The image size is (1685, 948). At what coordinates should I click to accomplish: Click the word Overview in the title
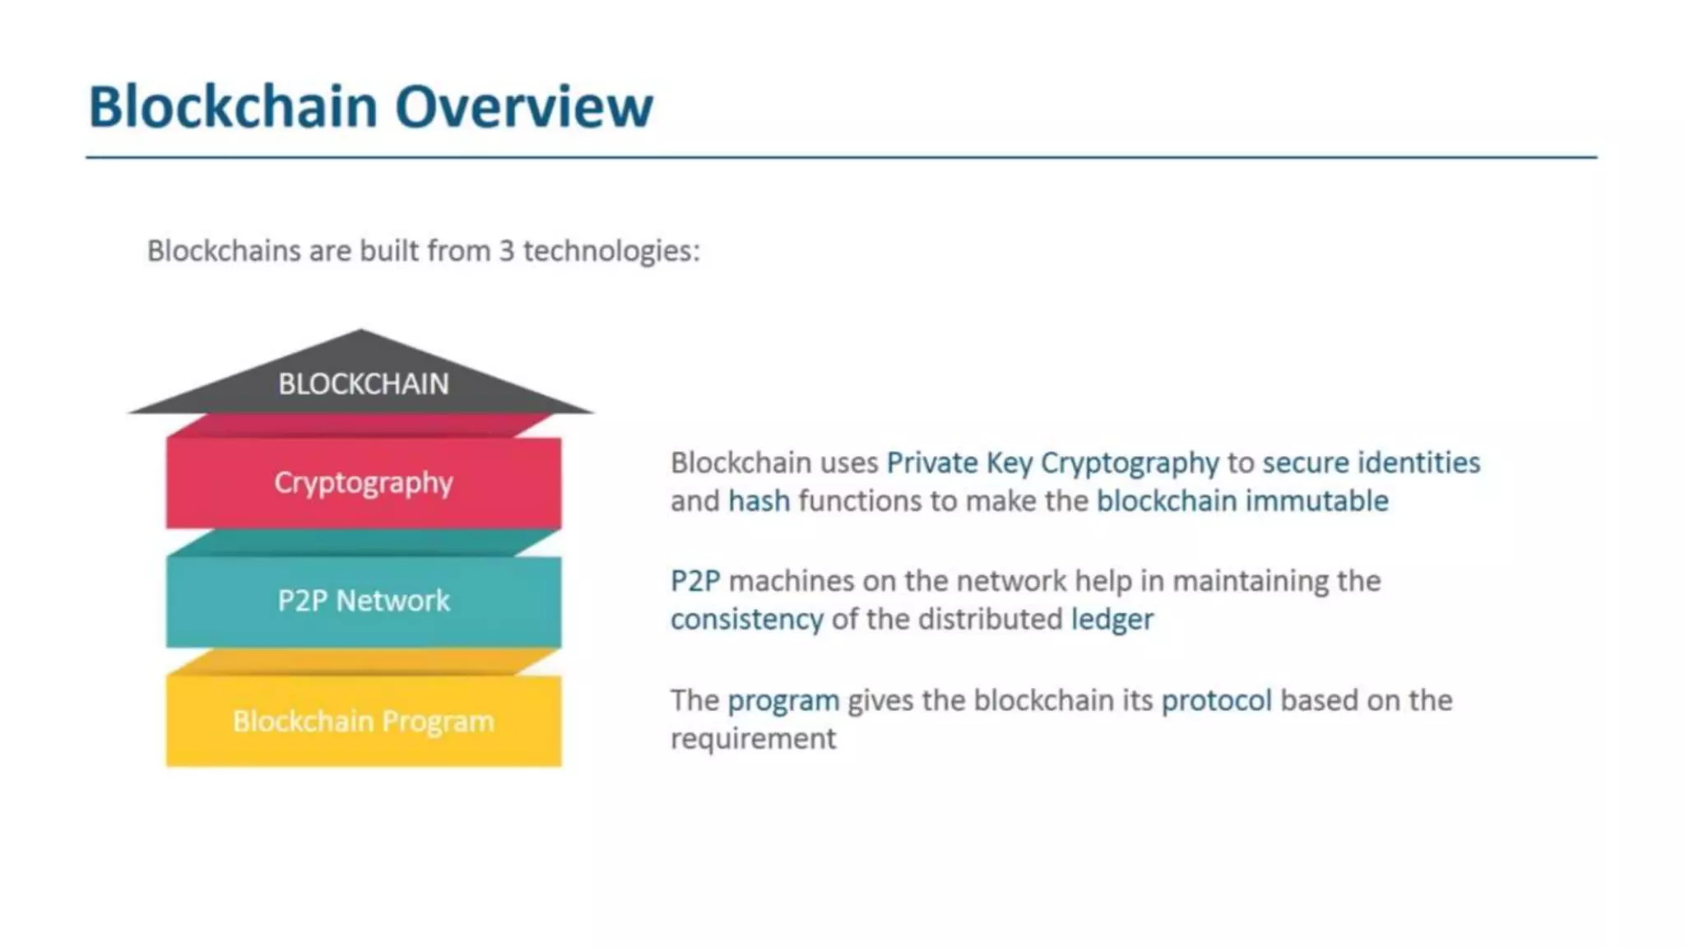(x=524, y=107)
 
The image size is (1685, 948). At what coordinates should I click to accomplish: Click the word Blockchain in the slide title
(x=233, y=107)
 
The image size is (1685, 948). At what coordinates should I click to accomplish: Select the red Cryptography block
(x=363, y=482)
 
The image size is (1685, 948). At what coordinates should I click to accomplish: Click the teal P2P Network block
(x=363, y=601)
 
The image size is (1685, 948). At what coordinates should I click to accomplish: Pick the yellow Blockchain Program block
(x=363, y=721)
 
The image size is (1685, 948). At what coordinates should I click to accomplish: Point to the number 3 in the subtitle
(x=507, y=250)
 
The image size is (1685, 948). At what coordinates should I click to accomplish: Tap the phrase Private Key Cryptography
(x=1052, y=463)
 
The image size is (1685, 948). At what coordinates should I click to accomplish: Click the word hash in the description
(x=759, y=501)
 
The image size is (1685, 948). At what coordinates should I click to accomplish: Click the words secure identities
(x=1371, y=463)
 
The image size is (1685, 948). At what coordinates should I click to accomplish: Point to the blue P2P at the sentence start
(x=695, y=581)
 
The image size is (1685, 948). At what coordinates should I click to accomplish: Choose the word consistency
(x=746, y=619)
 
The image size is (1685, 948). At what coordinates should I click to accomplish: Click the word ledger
(x=1112, y=619)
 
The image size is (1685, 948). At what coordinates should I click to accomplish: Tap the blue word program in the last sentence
(x=783, y=700)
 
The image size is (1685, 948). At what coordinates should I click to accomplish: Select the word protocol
(x=1216, y=700)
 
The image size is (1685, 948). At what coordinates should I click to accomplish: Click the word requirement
(x=753, y=738)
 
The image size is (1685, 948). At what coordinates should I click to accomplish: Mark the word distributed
(x=990, y=619)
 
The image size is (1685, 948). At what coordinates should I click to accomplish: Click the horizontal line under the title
(x=841, y=156)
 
